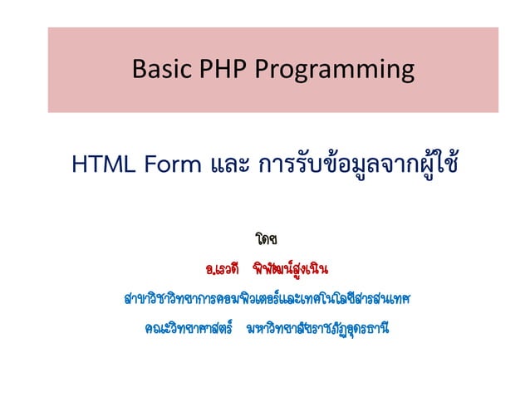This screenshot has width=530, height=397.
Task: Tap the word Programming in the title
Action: [x=330, y=71]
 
